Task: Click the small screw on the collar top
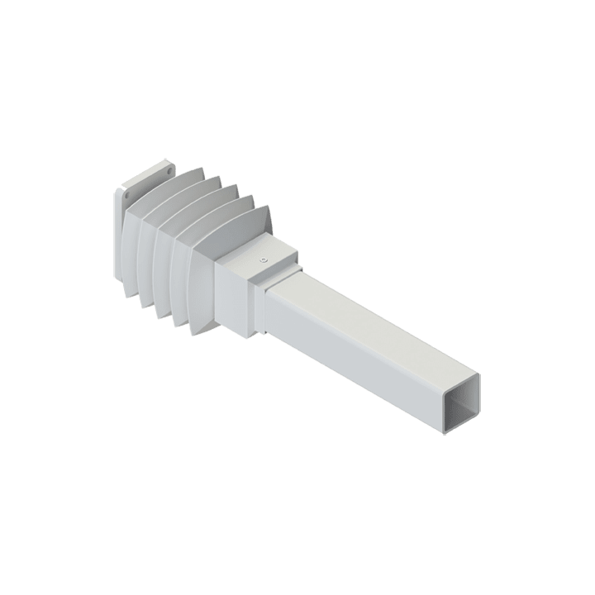point(262,259)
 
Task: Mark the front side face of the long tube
point(355,364)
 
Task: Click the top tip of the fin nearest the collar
point(266,207)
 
